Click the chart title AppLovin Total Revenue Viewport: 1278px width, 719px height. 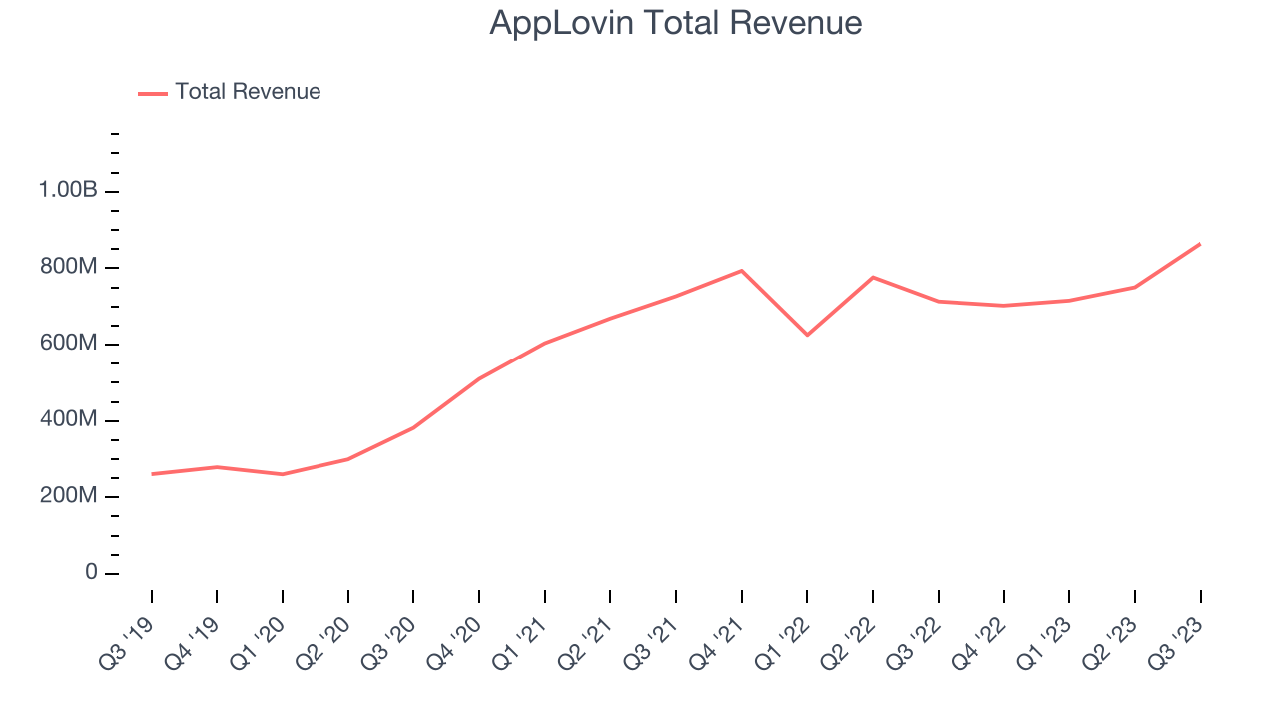[675, 22]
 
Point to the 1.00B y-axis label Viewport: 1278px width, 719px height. [68, 190]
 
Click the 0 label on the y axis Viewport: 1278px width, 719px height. [91, 573]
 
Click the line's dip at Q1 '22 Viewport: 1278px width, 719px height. [807, 335]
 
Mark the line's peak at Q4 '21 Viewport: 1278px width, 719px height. [742, 271]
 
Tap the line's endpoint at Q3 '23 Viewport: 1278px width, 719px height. [1200, 244]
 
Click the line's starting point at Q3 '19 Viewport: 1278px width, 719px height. [152, 474]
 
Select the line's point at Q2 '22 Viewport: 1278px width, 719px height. [873, 277]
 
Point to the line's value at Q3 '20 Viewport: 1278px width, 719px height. [414, 427]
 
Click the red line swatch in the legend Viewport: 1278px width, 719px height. [153, 93]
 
